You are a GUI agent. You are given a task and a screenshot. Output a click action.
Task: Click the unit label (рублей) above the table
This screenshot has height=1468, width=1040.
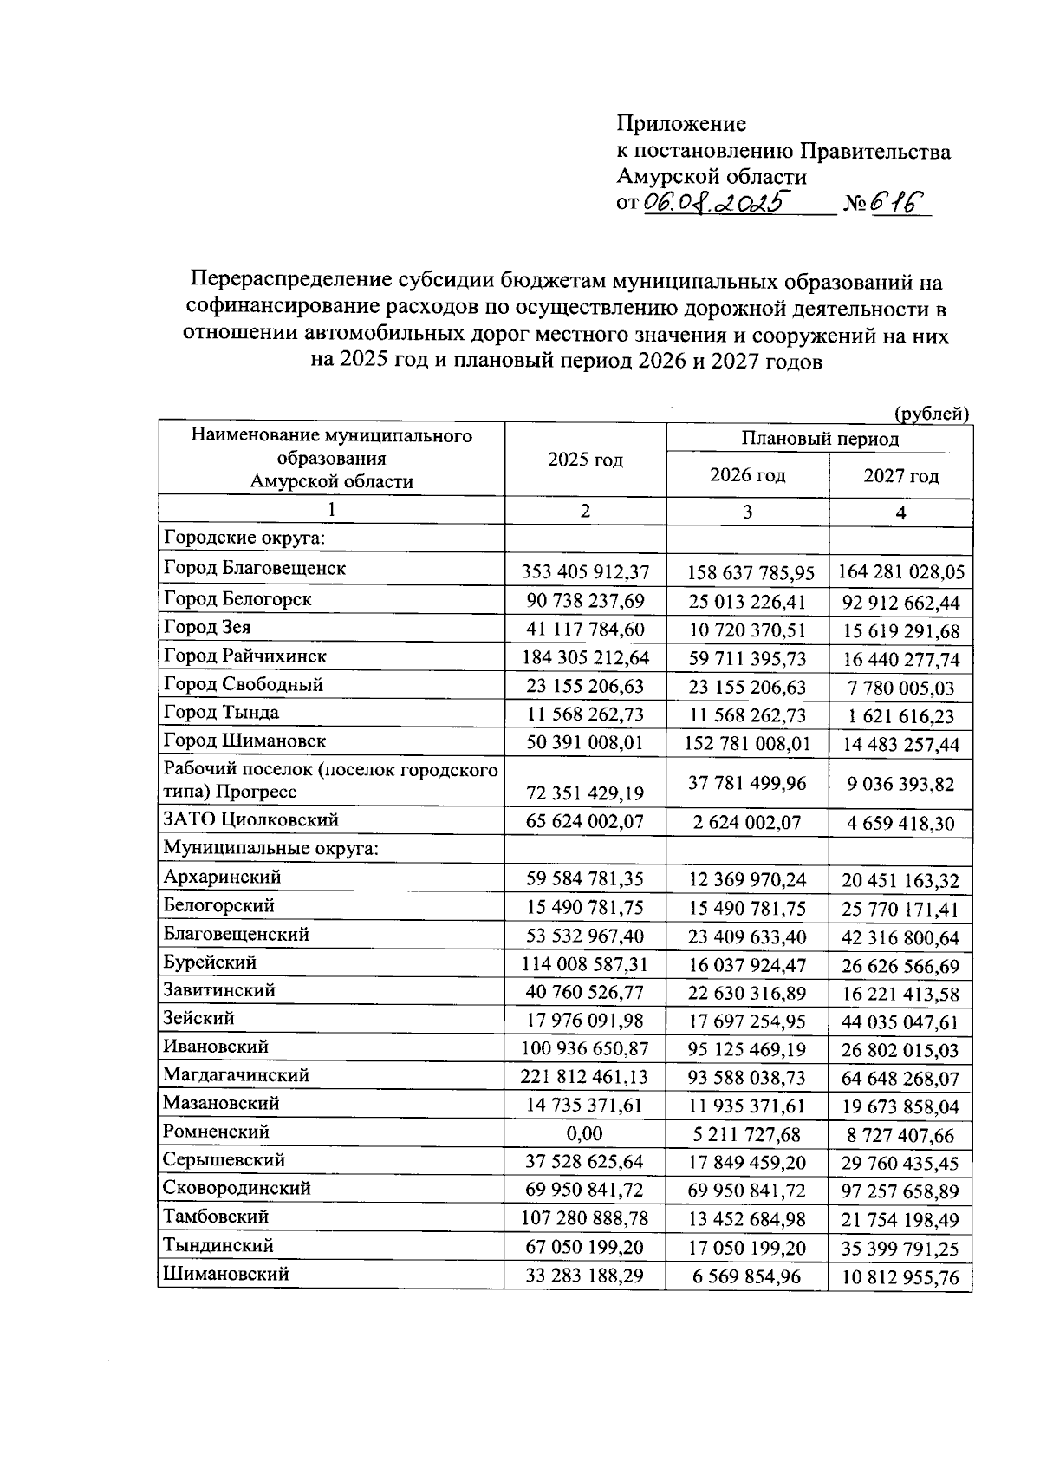pos(931,414)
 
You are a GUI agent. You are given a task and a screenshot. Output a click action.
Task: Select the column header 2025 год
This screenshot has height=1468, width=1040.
pos(585,460)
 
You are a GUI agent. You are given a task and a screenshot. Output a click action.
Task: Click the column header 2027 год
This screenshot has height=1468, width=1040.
pos(900,476)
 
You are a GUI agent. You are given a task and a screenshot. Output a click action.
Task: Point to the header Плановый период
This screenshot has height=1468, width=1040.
pos(819,439)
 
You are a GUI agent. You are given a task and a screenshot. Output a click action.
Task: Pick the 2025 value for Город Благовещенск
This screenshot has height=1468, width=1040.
pos(585,572)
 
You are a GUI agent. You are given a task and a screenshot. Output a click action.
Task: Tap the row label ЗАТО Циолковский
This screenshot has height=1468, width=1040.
pos(250,820)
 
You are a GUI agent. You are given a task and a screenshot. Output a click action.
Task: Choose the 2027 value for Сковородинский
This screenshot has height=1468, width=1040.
pos(900,1191)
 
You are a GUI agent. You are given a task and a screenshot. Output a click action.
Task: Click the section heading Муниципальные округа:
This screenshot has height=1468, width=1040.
pos(270,848)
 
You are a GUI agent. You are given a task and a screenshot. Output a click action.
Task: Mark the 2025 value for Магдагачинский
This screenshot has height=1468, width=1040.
pos(585,1078)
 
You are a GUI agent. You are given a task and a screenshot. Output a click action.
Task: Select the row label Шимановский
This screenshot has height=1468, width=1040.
pos(225,1274)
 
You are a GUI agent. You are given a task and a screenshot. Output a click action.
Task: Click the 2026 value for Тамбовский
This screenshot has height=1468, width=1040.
pos(747,1220)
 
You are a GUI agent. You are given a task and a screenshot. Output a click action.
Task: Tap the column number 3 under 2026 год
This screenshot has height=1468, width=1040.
pos(747,512)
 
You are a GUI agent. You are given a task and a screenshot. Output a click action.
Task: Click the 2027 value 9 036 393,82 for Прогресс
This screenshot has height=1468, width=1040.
pos(900,784)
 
